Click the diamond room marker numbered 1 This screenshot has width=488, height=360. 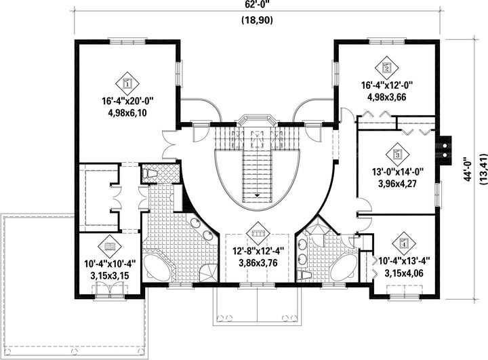click(127, 83)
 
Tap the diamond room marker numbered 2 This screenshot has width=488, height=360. click(387, 67)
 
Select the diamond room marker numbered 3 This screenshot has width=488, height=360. click(397, 154)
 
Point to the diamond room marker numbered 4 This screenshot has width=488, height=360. click(404, 243)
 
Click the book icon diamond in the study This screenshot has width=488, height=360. click(110, 247)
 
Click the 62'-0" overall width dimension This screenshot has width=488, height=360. click(257, 5)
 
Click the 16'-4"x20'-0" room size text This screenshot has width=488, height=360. click(128, 101)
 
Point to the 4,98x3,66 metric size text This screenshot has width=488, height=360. click(387, 97)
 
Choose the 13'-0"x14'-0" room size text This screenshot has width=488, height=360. click(397, 172)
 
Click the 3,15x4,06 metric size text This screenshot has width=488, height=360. click(404, 273)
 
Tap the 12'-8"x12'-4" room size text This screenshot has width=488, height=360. click(258, 251)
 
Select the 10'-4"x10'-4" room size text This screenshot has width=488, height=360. click(110, 264)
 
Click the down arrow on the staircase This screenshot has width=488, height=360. click(258, 195)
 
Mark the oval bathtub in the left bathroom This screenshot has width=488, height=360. click(158, 267)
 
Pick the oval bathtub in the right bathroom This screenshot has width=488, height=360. click(344, 267)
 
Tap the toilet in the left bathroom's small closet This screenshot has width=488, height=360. click(150, 173)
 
